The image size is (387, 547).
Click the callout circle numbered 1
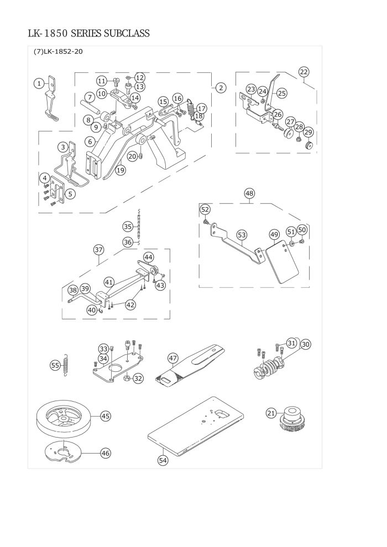38,83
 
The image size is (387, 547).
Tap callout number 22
304,71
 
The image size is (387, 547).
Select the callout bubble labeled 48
249,193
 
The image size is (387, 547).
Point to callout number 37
99,250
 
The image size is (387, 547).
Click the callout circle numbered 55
55,365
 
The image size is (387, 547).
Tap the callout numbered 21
271,413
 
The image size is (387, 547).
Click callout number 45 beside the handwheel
105,415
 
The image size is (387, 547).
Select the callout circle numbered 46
105,453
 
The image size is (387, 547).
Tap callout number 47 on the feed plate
173,358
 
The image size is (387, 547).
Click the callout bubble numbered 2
220,87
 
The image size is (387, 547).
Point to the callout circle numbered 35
128,227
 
